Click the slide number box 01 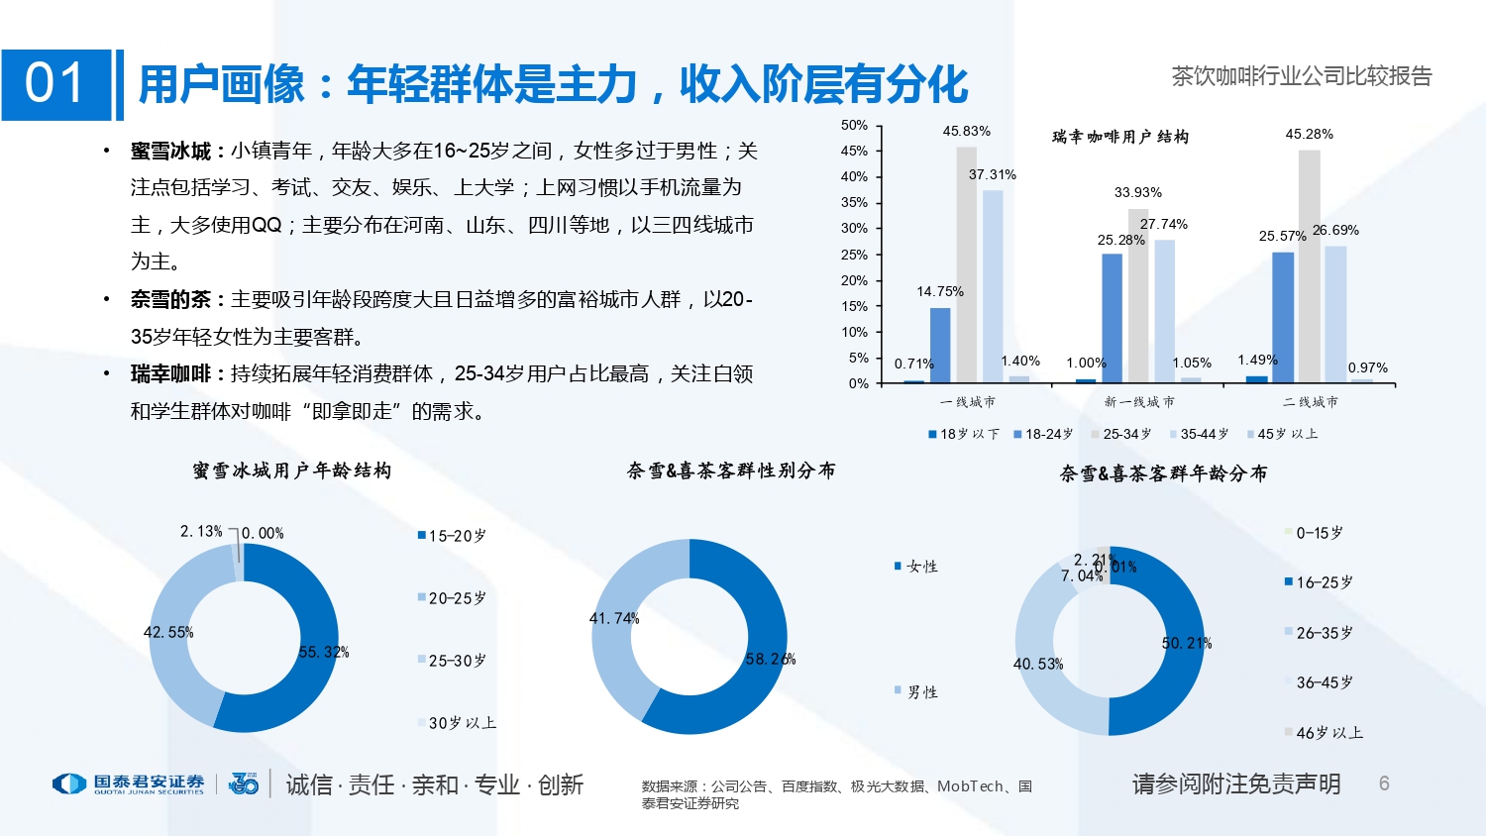[x=55, y=84]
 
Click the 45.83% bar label [x=966, y=131]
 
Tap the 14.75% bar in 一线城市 [x=940, y=345]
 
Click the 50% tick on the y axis [x=854, y=125]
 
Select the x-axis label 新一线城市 [x=1139, y=402]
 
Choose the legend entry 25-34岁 [x=1121, y=434]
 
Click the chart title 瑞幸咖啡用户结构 [x=1119, y=137]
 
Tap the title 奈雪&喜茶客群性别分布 [x=731, y=470]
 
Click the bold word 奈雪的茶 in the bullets [x=170, y=299]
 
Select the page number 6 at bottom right [x=1384, y=784]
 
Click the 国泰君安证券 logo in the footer [x=129, y=784]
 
